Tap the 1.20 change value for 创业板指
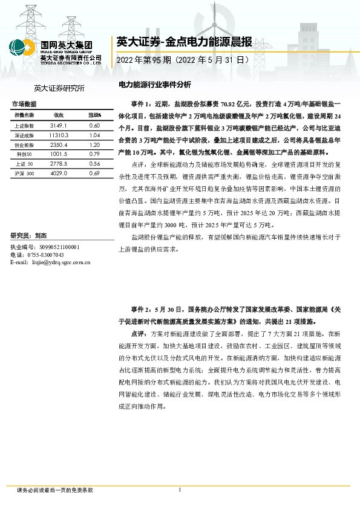(94, 145)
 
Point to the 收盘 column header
(59, 114)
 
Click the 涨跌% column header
(94, 114)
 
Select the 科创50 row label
(25, 155)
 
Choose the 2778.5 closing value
(59, 164)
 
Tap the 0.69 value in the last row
(94, 173)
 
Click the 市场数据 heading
(24, 104)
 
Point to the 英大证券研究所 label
(59, 88)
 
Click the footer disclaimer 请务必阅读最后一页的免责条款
(55, 490)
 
